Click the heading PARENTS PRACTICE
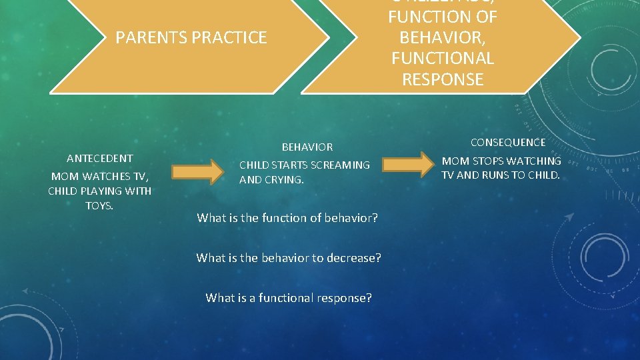pos(191,38)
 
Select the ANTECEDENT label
pos(99,158)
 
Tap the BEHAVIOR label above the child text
pos(307,147)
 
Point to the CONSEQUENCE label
pos(507,142)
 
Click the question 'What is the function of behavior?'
pos(287,218)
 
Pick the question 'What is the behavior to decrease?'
pos(289,258)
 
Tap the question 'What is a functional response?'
pos(289,298)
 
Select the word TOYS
pos(99,205)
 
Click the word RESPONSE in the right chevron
pos(443,79)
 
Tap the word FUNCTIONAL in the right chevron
pos(443,59)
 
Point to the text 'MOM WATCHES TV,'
pos(99,176)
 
